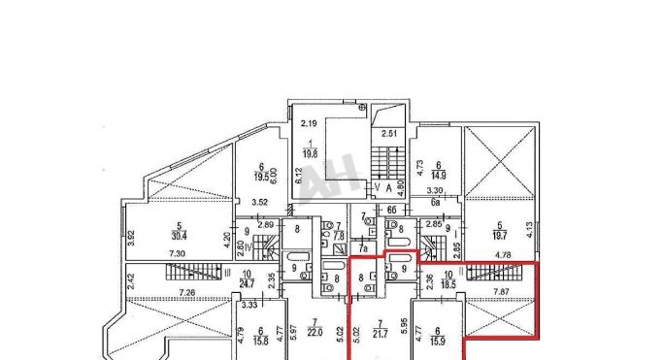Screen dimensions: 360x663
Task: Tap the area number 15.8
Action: (x=262, y=339)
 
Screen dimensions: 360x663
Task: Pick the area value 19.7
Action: (x=502, y=219)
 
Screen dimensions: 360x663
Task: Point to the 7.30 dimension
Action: (x=178, y=253)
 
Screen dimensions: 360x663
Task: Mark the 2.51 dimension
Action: (x=390, y=133)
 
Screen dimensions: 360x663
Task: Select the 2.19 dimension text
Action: (x=309, y=123)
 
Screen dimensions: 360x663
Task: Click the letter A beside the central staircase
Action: (x=388, y=187)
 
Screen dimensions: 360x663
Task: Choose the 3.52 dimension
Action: (x=259, y=202)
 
